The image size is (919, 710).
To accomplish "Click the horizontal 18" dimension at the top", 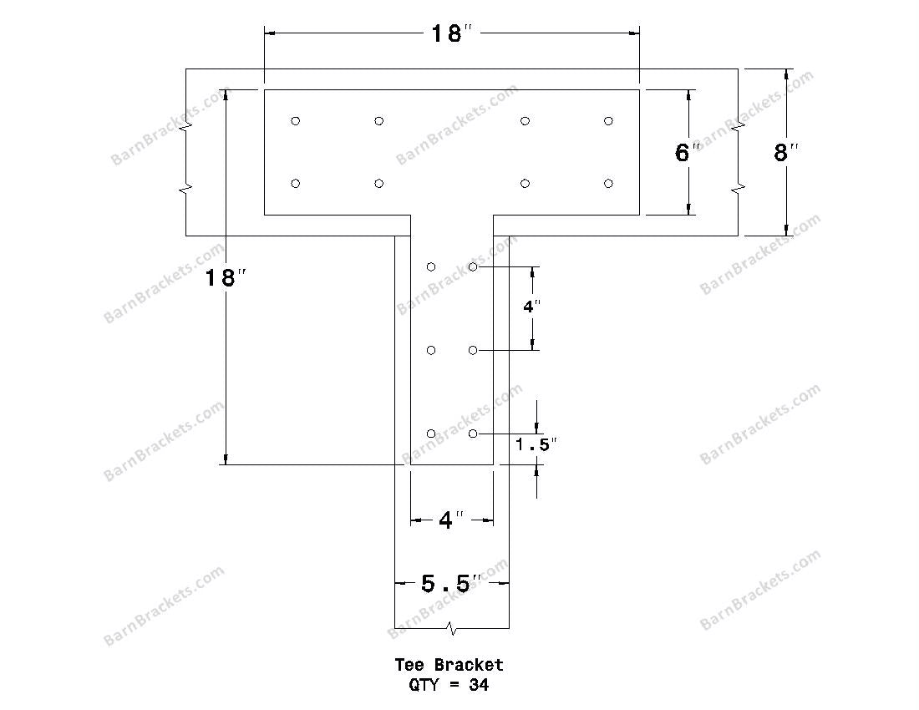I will pyautogui.click(x=451, y=34).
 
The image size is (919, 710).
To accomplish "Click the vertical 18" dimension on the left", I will pyautogui.click(x=221, y=278).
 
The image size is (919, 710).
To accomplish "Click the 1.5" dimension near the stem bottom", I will pyautogui.click(x=536, y=445).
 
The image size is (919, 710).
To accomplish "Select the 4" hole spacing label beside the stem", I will pyautogui.click(x=532, y=307).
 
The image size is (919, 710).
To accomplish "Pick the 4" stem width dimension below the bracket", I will pyautogui.click(x=451, y=520).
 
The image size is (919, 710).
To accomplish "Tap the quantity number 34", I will pyautogui.click(x=479, y=685).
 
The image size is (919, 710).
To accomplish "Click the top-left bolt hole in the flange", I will pyautogui.click(x=295, y=121).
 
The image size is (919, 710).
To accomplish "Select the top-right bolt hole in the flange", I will pyautogui.click(x=608, y=121).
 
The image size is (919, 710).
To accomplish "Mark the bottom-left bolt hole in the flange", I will pyautogui.click(x=295, y=184).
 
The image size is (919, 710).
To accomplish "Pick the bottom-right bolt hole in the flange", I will pyautogui.click(x=608, y=184).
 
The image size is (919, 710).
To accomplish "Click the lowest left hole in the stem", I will pyautogui.click(x=431, y=434).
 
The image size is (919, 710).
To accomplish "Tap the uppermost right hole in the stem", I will pyautogui.click(x=473, y=266).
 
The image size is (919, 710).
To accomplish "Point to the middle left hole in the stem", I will pyautogui.click(x=431, y=350).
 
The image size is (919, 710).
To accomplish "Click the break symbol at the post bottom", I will pyautogui.click(x=451, y=626).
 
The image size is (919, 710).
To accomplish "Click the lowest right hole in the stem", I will pyautogui.click(x=473, y=434).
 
